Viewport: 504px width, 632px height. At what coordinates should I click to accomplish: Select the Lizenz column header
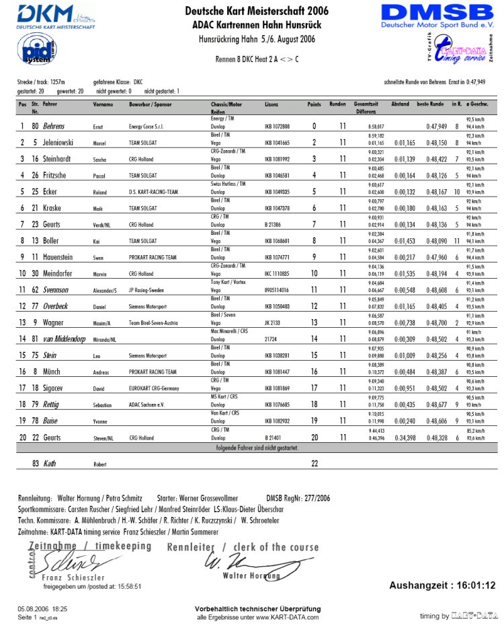click(x=271, y=105)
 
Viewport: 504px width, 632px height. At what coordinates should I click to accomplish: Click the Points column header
click(x=314, y=105)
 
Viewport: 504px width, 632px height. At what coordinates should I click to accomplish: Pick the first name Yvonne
click(x=101, y=421)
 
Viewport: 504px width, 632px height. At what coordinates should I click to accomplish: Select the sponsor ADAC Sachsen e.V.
click(x=148, y=405)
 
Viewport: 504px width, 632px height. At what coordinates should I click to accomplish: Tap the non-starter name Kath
click(x=50, y=464)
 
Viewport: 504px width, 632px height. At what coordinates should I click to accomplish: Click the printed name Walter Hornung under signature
click(x=251, y=575)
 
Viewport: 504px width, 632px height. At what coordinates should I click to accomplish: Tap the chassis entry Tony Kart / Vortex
click(x=230, y=283)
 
